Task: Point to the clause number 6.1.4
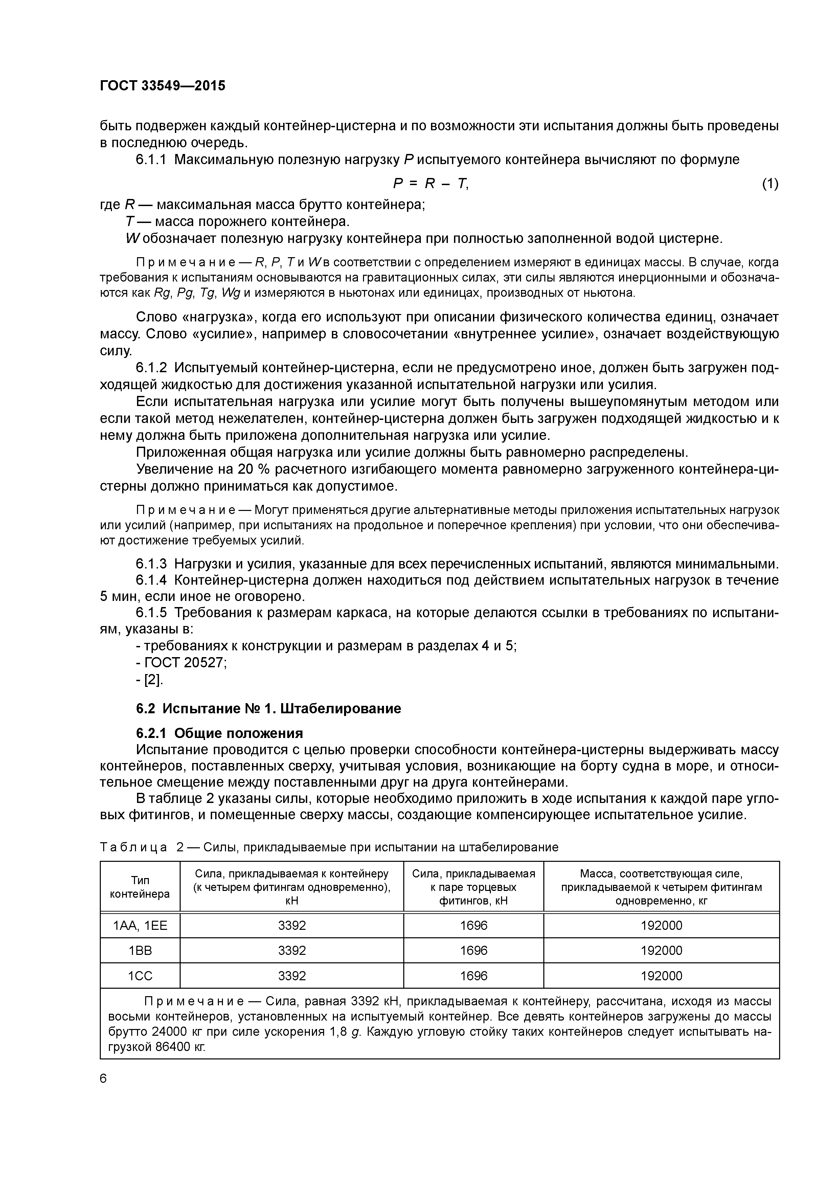(x=151, y=580)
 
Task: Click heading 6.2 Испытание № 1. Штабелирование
(x=268, y=708)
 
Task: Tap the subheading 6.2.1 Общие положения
(x=219, y=733)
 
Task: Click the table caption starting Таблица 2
(x=329, y=847)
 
